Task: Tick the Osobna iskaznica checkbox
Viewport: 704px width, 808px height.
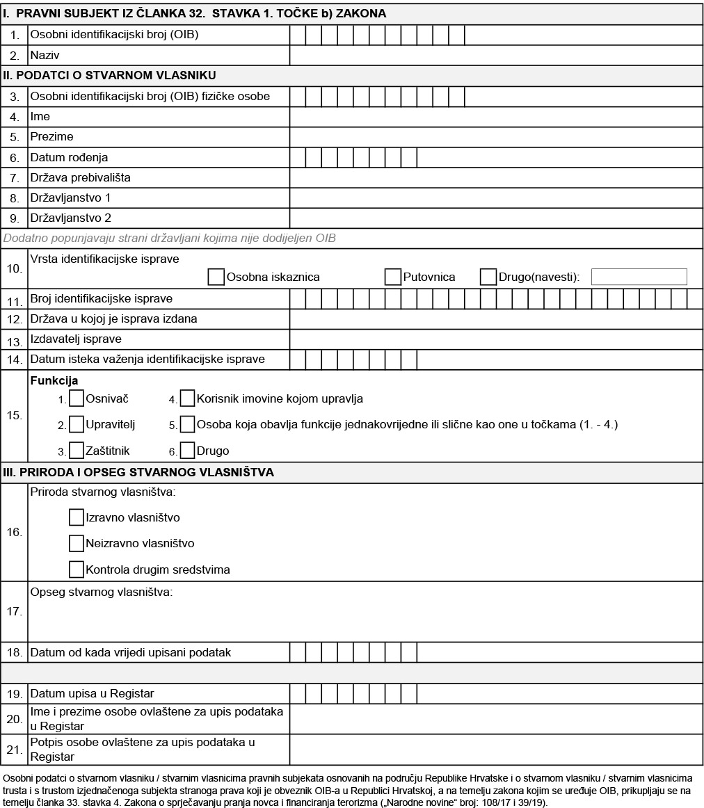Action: coord(216,277)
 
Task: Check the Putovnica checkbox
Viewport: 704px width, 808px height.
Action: coord(393,277)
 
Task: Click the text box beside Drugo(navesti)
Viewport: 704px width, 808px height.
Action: coord(639,277)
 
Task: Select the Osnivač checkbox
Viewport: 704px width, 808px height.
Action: coord(77,398)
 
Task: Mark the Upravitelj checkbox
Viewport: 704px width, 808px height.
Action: coord(77,424)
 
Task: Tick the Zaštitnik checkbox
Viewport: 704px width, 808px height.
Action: coord(77,451)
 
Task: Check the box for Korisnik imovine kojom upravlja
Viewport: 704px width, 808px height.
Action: coord(188,398)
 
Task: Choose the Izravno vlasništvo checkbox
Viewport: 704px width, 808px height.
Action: coord(77,517)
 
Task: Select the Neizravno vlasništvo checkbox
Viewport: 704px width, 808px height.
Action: coord(77,543)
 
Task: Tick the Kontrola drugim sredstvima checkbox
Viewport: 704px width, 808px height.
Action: coord(77,569)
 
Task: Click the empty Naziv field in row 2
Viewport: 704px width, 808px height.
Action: coord(496,55)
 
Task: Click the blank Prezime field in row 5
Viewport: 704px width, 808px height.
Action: coord(496,137)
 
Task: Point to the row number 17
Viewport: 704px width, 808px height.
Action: coord(14,612)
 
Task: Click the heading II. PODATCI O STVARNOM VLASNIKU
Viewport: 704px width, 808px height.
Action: coord(110,75)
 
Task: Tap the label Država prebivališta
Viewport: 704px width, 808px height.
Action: coord(80,178)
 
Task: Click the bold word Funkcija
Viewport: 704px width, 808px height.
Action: coord(54,381)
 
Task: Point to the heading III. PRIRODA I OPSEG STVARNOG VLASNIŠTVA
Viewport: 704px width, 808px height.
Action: coord(138,472)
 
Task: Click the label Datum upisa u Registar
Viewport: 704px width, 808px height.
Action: coord(92,693)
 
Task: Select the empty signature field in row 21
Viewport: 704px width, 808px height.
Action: coord(496,750)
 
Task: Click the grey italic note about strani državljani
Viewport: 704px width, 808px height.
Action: coord(170,239)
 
